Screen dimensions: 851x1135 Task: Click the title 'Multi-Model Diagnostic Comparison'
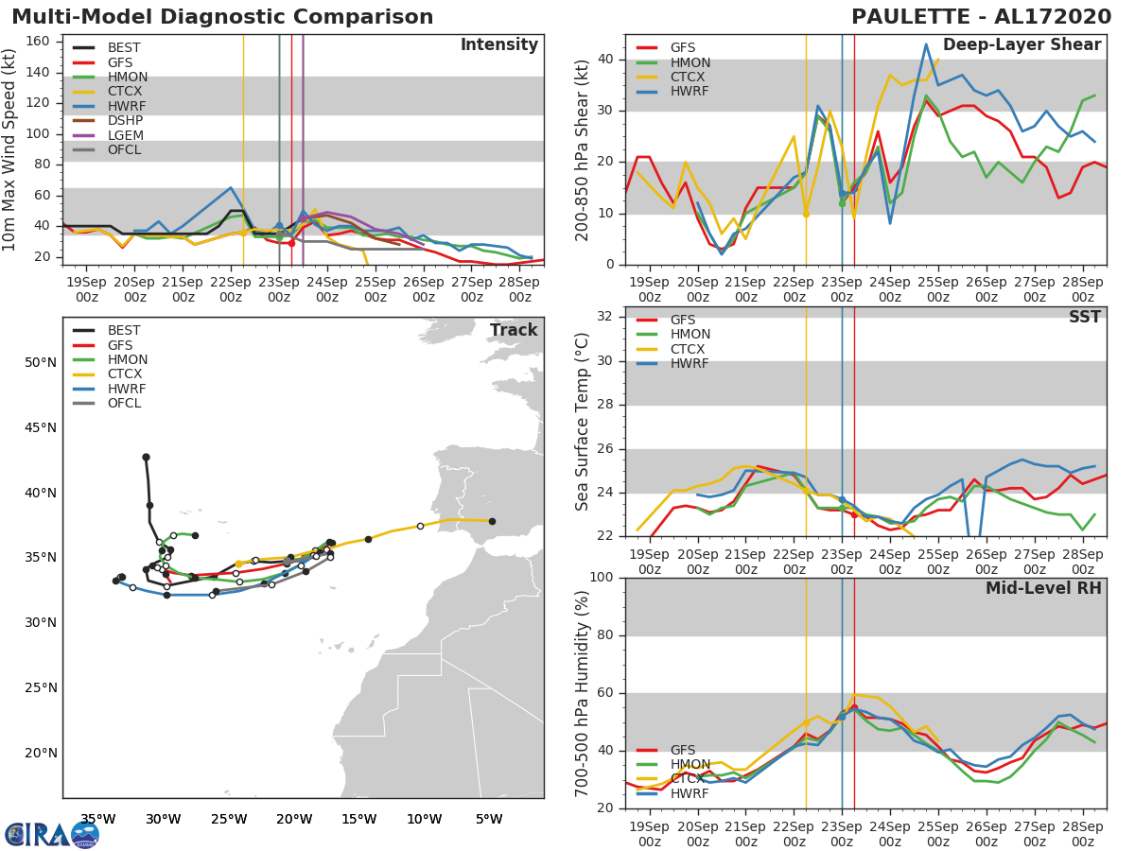(222, 17)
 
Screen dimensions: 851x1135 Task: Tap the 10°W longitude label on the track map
(424, 819)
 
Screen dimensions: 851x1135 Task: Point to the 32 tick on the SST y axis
(606, 317)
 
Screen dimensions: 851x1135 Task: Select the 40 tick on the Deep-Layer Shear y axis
(606, 60)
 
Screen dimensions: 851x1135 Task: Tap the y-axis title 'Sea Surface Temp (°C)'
(584, 422)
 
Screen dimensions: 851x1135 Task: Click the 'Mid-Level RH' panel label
(1043, 589)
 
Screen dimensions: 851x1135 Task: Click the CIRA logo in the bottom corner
(52, 835)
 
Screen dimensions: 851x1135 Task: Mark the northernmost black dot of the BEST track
(146, 457)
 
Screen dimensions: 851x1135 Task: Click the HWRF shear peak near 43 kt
(926, 43)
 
